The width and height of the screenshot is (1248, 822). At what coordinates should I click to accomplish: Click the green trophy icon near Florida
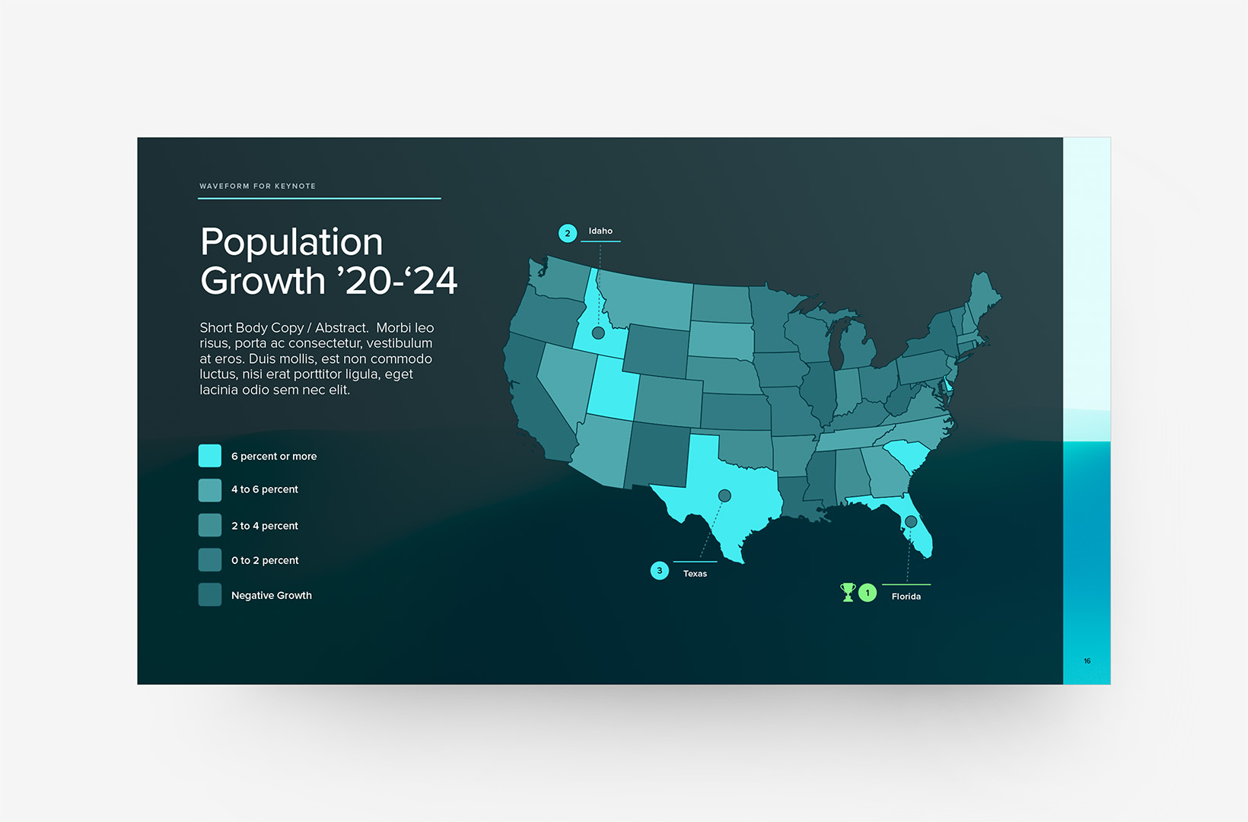848,592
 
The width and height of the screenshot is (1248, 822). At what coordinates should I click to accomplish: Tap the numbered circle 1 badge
868,593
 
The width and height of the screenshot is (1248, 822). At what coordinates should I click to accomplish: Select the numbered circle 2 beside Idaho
568,234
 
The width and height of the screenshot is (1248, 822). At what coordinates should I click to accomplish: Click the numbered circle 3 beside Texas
660,571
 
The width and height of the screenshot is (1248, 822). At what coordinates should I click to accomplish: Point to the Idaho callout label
600,231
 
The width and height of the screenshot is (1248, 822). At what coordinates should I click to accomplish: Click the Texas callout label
695,574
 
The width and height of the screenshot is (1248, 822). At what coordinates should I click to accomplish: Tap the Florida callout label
906,597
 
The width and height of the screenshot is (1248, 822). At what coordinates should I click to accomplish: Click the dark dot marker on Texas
724,495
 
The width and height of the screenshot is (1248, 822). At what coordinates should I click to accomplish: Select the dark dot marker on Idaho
598,333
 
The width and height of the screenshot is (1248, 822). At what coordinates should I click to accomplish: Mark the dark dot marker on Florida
911,521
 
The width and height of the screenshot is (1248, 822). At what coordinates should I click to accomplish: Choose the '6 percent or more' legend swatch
210,456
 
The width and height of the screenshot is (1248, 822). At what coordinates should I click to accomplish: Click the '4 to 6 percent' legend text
265,489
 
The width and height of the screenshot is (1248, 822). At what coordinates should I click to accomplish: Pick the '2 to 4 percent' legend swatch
210,525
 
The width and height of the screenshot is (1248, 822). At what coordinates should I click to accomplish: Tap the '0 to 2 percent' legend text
265,560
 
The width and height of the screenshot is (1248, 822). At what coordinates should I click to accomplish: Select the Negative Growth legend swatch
210,595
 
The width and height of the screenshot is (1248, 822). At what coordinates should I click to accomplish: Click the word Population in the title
291,243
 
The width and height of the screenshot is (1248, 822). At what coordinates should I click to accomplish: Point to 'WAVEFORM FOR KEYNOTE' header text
257,186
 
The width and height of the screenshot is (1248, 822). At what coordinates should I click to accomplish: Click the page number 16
1087,661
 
